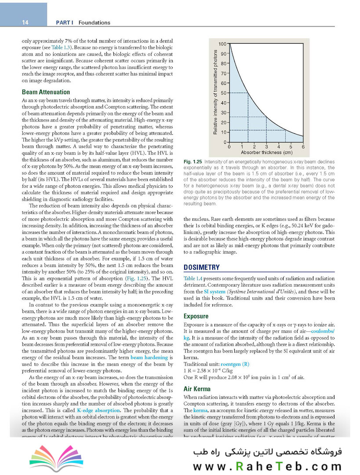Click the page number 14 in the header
(x=25, y=22)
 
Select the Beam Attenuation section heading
(x=46, y=92)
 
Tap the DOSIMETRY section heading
(x=201, y=267)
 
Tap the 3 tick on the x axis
(x=266, y=147)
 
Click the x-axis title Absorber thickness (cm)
(x=266, y=153)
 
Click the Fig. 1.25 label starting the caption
(x=193, y=163)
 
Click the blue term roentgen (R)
(x=235, y=364)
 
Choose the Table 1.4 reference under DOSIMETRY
(x=193, y=278)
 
